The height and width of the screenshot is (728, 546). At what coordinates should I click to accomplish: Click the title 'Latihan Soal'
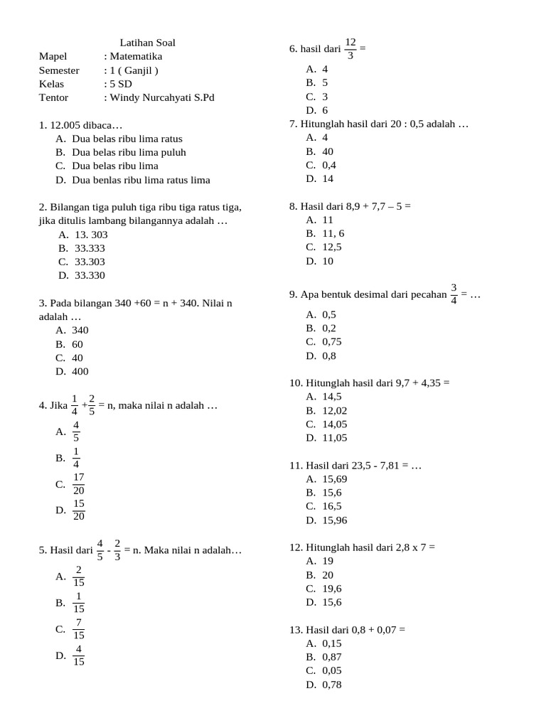click(147, 43)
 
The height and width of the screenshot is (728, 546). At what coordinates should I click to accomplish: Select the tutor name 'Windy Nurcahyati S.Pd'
click(161, 97)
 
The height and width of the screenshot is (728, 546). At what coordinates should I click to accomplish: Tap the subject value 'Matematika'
click(135, 56)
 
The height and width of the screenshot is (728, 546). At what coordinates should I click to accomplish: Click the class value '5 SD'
click(120, 84)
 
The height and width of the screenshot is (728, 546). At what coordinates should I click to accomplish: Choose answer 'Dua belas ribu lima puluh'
click(129, 152)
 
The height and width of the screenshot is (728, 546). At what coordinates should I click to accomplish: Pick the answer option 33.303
click(90, 262)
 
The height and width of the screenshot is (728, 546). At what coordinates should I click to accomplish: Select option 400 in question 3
click(80, 371)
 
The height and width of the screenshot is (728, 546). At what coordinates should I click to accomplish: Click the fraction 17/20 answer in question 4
click(78, 484)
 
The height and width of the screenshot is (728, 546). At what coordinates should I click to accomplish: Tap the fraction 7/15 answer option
click(78, 628)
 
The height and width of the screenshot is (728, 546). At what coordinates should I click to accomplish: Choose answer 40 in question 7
click(327, 151)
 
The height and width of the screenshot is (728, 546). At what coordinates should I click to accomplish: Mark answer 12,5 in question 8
click(331, 247)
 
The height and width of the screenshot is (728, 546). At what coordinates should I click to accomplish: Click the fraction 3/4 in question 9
click(454, 294)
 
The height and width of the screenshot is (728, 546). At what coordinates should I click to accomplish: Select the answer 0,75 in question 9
click(331, 341)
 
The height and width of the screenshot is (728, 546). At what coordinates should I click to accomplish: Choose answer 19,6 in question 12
click(331, 588)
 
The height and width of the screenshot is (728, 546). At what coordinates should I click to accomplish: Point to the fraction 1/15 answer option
click(78, 602)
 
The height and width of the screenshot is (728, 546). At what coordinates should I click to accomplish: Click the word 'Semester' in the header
click(59, 70)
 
